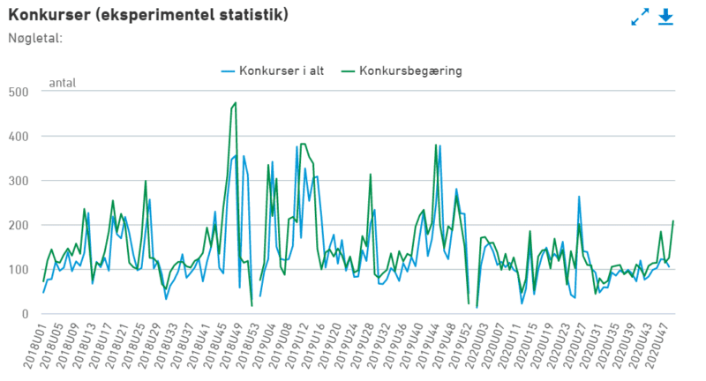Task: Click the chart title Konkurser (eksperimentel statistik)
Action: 148,16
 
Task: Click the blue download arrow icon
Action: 665,17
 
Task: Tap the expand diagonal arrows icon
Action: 640,17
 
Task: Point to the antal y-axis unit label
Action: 62,84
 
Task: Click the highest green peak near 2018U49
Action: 235,103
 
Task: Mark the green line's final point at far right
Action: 673,220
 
